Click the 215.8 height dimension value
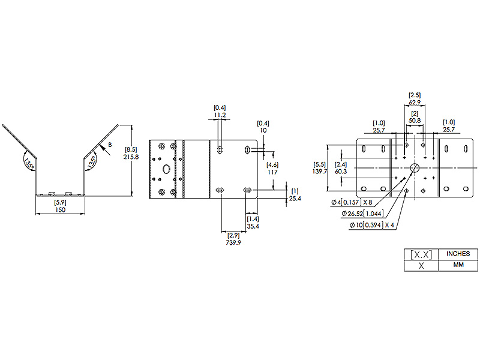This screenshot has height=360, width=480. (x=131, y=157)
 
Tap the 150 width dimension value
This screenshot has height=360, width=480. (x=61, y=210)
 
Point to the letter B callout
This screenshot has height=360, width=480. (x=110, y=145)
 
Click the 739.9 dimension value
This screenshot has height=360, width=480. (x=233, y=243)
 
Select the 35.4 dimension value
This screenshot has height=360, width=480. (x=253, y=227)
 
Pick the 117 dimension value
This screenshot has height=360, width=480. (x=272, y=172)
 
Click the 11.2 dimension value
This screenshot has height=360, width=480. (x=220, y=115)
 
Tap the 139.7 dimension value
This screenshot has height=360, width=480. (x=320, y=172)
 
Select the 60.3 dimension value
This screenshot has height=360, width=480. (x=341, y=172)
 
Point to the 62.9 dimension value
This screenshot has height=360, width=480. (x=415, y=102)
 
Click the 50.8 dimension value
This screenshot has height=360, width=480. (x=415, y=121)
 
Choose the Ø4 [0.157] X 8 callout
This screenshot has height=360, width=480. (x=352, y=202)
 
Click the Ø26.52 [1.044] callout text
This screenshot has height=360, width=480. (x=362, y=214)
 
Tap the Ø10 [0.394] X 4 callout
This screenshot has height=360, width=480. (x=371, y=226)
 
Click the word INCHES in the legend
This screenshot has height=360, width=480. (x=458, y=254)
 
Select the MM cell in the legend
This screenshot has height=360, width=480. (x=458, y=265)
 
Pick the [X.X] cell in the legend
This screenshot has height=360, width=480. (x=421, y=254)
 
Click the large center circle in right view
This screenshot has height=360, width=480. (x=415, y=168)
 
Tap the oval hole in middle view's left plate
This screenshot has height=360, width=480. (x=166, y=169)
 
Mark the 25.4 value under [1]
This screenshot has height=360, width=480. (x=295, y=199)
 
